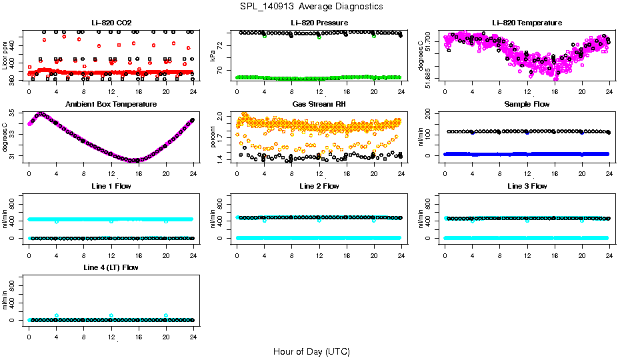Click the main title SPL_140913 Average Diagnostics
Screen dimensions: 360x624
pyautogui.click(x=312, y=6)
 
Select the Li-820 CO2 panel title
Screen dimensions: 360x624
pyautogui.click(x=111, y=23)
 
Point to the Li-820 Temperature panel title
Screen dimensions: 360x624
pyautogui.click(x=527, y=23)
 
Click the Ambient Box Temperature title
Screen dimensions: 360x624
pyautogui.click(x=111, y=104)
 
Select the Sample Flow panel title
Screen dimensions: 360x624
pyautogui.click(x=527, y=104)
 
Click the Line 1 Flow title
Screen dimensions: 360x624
pyautogui.click(x=111, y=186)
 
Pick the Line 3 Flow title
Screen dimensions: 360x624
pyautogui.click(x=527, y=186)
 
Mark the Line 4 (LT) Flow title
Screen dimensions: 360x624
pyautogui.click(x=111, y=267)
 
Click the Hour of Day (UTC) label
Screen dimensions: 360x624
pyautogui.click(x=311, y=351)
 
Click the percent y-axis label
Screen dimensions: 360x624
pyautogui.click(x=213, y=137)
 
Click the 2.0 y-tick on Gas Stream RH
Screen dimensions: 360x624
pyautogui.click(x=221, y=117)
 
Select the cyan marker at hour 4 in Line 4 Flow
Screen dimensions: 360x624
pyautogui.click(x=57, y=315)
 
